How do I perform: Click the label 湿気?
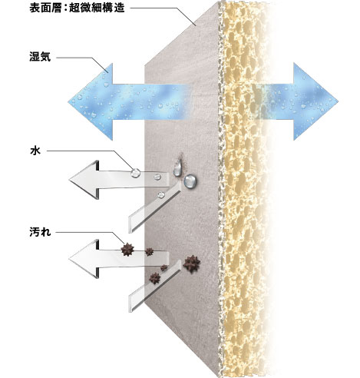click(40, 57)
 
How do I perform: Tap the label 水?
click(35, 151)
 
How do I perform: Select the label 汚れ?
click(40, 232)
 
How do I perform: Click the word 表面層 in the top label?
click(45, 8)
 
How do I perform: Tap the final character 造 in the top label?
click(119, 8)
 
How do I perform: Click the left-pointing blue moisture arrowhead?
click(91, 101)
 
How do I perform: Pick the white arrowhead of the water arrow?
click(84, 180)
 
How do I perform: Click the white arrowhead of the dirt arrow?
click(84, 259)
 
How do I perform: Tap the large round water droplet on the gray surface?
click(190, 181)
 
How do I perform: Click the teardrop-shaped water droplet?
click(177, 168)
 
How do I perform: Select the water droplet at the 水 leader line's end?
click(135, 173)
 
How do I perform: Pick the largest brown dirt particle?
click(192, 264)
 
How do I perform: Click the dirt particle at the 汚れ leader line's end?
click(127, 250)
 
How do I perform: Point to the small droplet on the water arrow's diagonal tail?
click(161, 194)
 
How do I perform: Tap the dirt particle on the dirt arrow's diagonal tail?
click(155, 278)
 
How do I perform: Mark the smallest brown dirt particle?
click(163, 267)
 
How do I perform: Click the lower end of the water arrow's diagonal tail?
click(130, 225)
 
